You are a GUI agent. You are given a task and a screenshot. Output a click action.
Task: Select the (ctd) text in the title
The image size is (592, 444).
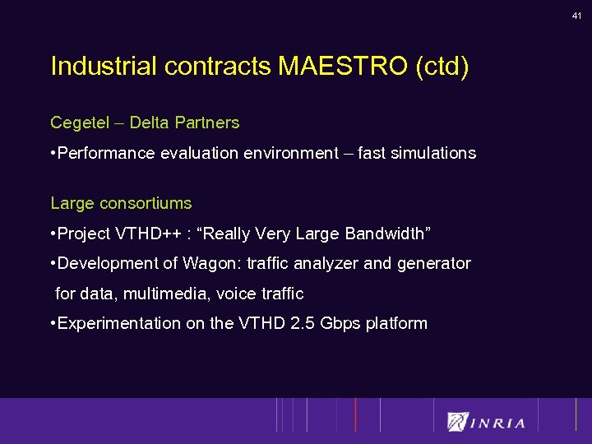click(x=442, y=66)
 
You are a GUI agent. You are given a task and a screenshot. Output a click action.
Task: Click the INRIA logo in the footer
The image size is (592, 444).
click(x=487, y=422)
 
